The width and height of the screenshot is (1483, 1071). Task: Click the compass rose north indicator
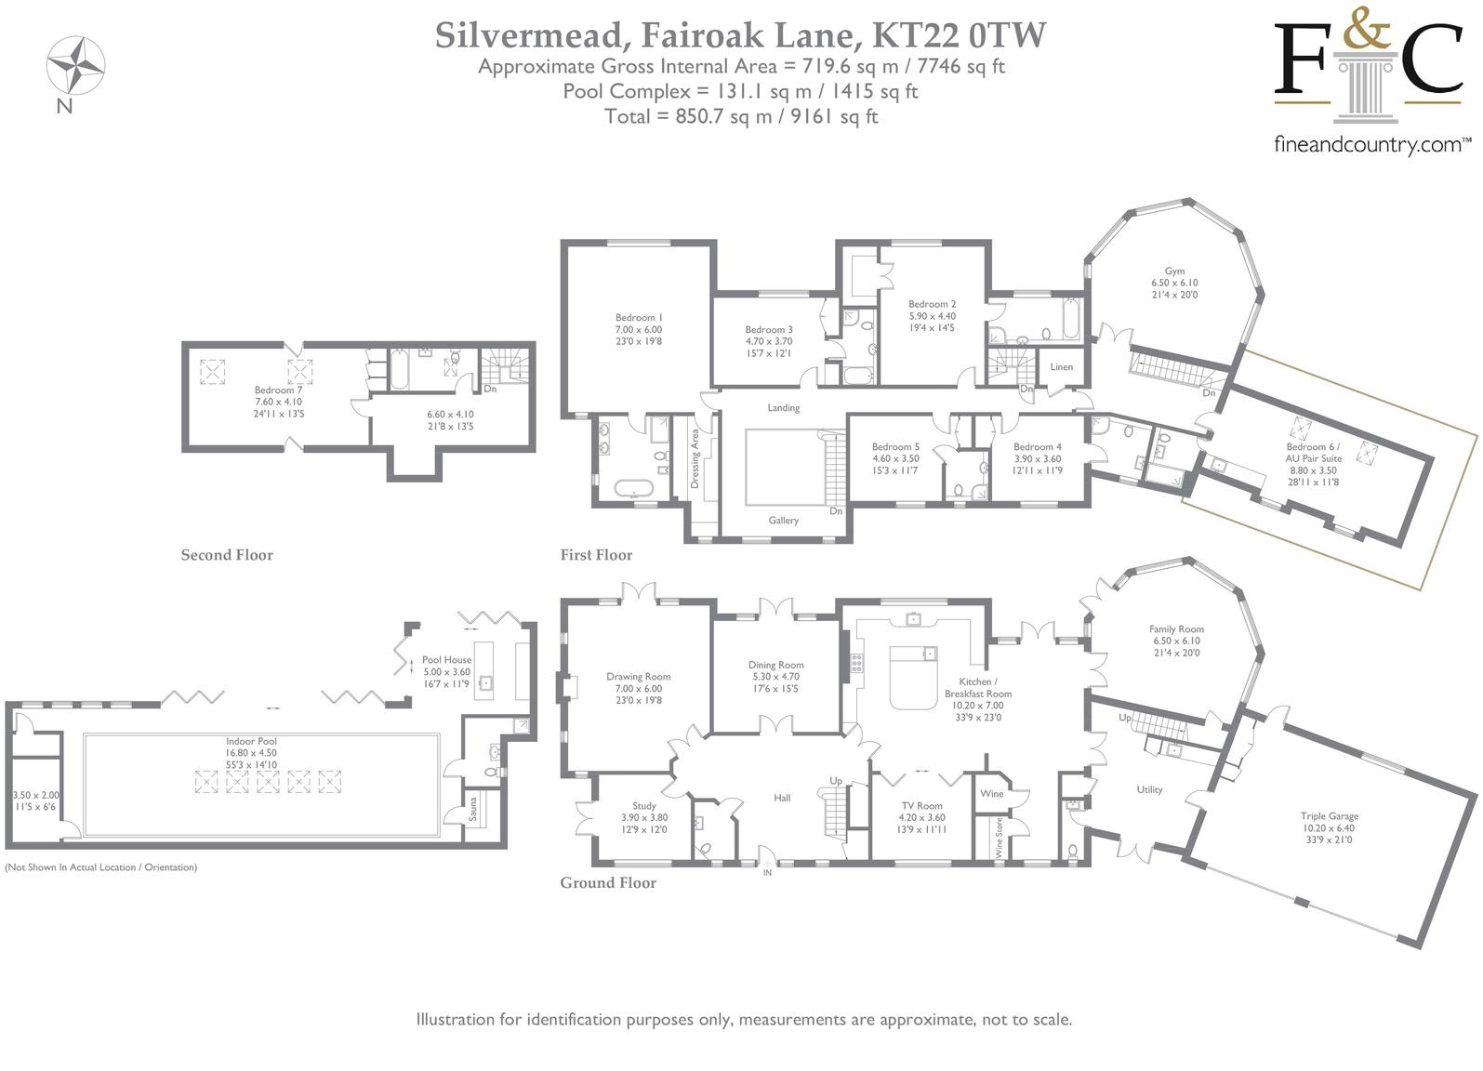(74, 65)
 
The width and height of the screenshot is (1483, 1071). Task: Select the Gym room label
(1174, 271)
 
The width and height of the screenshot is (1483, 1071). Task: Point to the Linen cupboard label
(1061, 366)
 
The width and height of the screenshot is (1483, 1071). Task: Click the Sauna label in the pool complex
(473, 809)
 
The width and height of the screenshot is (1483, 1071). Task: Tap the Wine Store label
(999, 838)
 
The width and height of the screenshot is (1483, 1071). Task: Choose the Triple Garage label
(1330, 816)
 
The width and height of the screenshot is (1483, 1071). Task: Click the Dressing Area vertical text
(695, 458)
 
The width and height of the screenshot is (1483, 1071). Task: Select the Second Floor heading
(227, 555)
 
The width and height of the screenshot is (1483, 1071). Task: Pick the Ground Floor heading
(608, 882)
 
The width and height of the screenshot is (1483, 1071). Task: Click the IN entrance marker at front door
(767, 873)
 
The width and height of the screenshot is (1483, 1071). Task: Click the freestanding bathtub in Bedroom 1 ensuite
(633, 488)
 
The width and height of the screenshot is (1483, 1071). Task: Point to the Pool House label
(447, 659)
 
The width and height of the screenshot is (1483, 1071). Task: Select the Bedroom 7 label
(278, 390)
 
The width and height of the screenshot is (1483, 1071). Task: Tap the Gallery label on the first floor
(783, 521)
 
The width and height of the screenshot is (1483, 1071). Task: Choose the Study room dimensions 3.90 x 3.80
(644, 817)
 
